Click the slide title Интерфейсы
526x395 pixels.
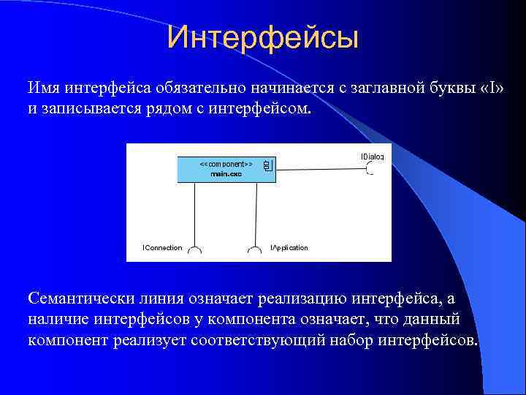[x=262, y=38]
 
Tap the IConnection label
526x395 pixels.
[x=162, y=248]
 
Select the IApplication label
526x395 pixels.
[x=289, y=248]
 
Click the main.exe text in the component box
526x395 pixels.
[x=226, y=174]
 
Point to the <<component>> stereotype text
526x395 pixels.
[x=226, y=165]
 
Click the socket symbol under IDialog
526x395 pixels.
[x=370, y=170]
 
